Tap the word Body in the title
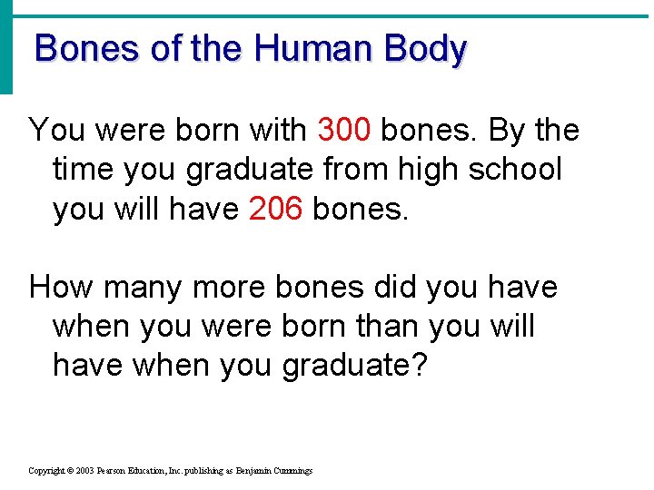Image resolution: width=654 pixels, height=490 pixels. [425, 49]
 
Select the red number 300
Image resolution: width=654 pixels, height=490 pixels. [344, 131]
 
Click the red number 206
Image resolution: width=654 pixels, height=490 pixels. [275, 209]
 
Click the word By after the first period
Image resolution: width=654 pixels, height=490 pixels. [506, 132]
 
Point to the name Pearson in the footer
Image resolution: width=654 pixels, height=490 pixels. [116, 471]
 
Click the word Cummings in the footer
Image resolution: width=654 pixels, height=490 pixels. [291, 471]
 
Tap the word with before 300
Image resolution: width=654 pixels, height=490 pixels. [276, 131]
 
